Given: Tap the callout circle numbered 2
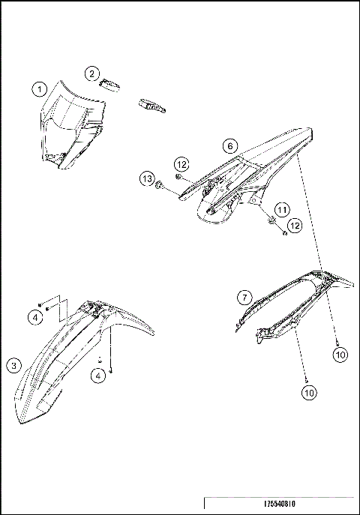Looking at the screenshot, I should [91, 73].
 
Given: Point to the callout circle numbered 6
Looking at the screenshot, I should [230, 145].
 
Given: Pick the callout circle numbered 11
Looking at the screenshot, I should [280, 209].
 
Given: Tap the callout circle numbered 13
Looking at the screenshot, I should [146, 179].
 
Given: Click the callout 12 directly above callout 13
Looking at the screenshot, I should [181, 164].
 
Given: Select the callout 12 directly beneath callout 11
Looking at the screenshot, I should [295, 225].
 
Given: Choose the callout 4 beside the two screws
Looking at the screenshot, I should [36, 318].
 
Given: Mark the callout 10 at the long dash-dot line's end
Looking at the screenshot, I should [340, 355].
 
